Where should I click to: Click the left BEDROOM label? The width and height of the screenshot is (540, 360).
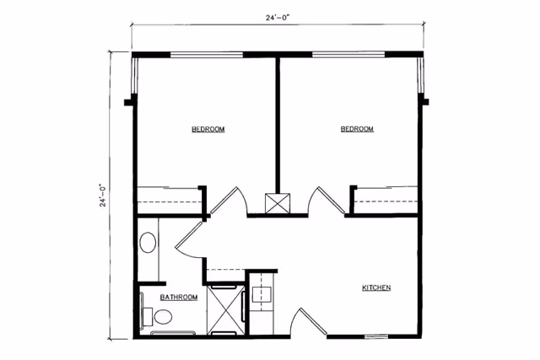point(208,129)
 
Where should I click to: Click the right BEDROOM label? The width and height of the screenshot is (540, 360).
point(357,129)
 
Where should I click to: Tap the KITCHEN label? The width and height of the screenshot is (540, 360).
point(376,288)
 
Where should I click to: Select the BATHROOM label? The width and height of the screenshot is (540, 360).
point(179,298)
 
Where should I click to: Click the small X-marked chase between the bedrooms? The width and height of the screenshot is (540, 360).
point(277,203)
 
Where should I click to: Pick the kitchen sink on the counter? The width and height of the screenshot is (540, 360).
point(262,293)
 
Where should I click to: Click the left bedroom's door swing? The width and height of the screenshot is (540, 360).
point(226,202)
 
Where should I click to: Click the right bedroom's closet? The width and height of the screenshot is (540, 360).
point(386,201)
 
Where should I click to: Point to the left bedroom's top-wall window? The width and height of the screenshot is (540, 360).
point(207,56)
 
